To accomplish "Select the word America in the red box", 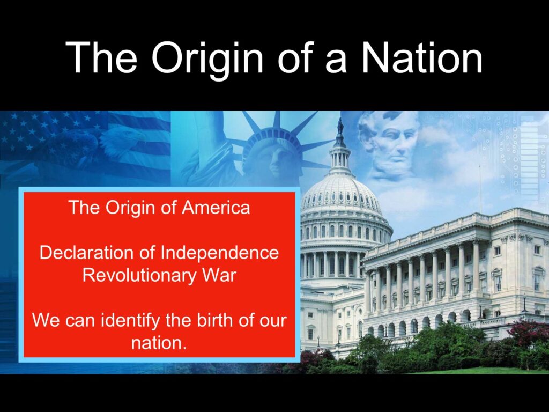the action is [216, 208].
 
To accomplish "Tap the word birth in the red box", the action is [216, 320].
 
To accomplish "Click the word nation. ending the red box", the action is [158, 343].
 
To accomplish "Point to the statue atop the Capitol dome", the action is [339, 126].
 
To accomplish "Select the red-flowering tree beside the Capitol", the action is [529, 333].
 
